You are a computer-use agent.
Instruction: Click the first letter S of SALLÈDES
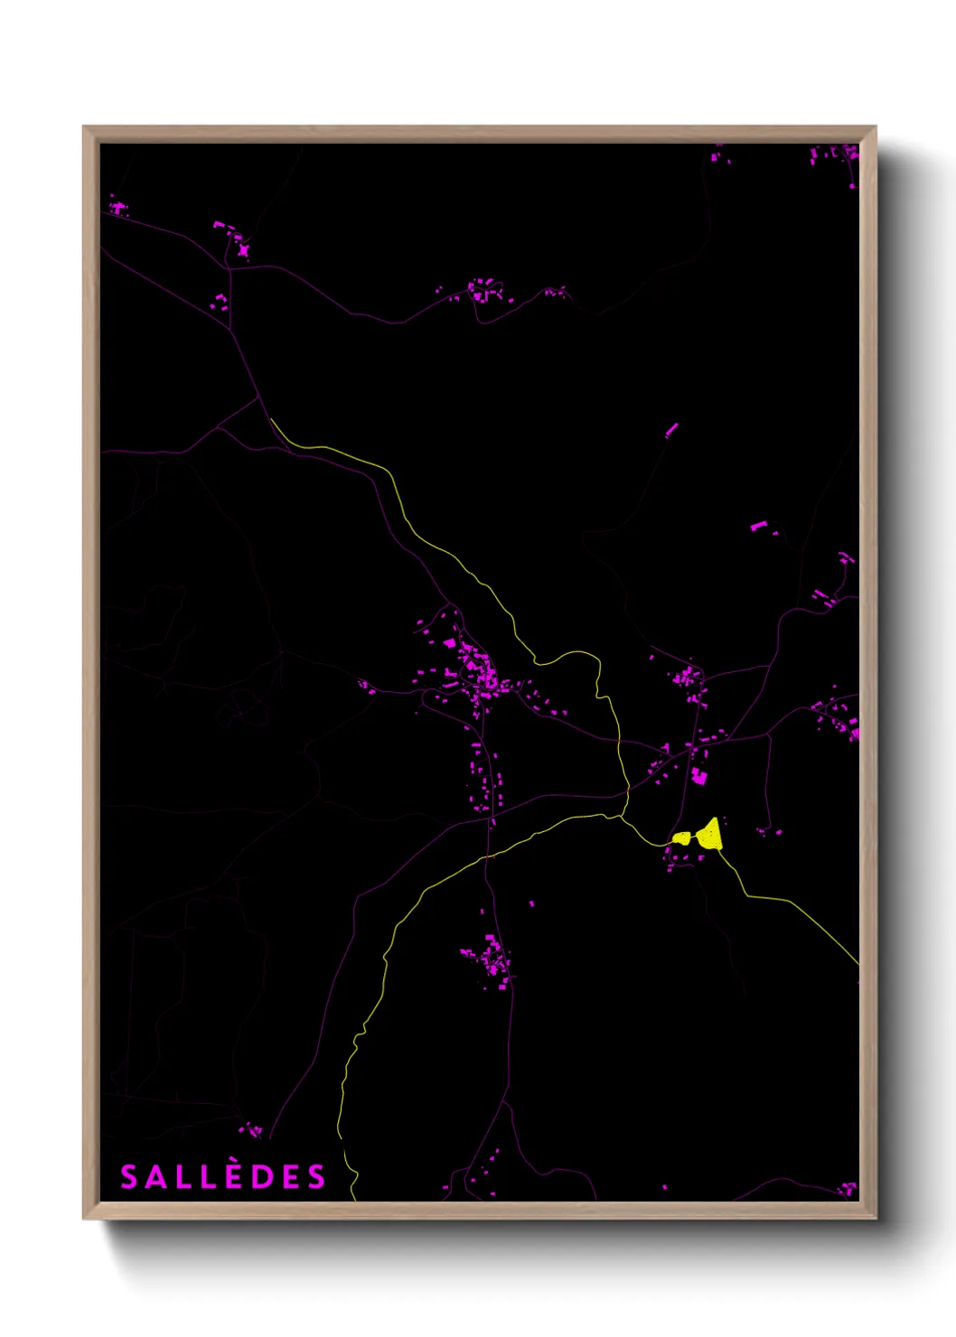[129, 1177]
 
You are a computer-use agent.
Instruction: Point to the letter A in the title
[156, 1177]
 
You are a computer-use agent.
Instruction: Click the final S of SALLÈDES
[315, 1177]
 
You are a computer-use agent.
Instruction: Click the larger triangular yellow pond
[711, 836]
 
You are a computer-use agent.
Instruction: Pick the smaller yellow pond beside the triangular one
[681, 838]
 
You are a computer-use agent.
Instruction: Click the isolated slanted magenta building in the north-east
[671, 430]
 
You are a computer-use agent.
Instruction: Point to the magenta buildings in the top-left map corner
[118, 209]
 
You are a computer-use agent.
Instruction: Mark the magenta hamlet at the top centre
[483, 291]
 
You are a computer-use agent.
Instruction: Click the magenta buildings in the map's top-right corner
[836, 155]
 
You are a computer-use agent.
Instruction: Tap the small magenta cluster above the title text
[251, 1129]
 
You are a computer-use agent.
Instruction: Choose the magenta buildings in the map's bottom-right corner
[847, 1188]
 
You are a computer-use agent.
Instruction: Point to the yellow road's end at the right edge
[858, 964]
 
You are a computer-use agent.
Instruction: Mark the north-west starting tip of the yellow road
[271, 419]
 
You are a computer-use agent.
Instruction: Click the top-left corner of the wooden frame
[84, 127]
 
